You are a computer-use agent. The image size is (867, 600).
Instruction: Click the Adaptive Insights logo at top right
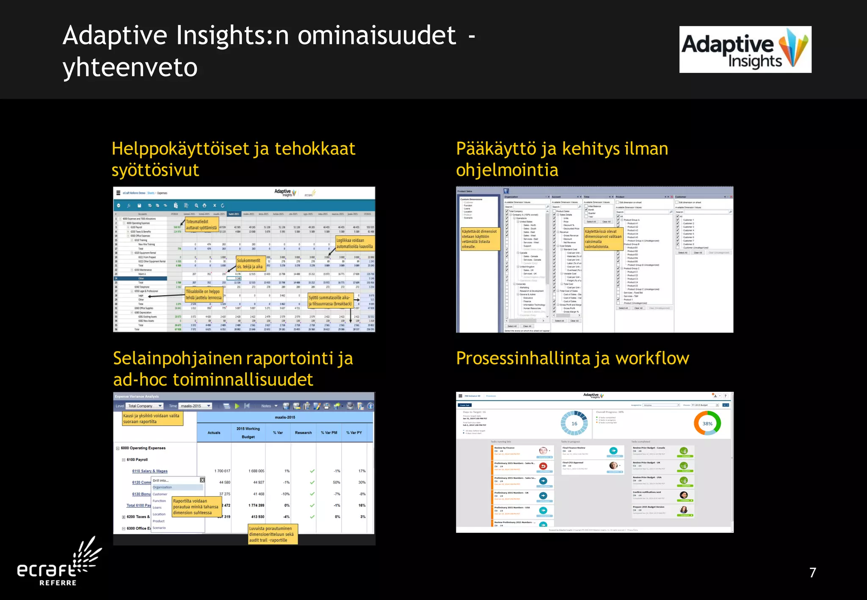(x=745, y=50)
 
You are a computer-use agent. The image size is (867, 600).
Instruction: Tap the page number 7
(x=812, y=572)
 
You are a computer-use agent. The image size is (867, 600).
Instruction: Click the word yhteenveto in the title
(x=130, y=68)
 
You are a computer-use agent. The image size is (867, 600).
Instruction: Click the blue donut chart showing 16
(x=574, y=424)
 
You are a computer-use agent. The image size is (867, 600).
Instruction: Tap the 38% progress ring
(x=707, y=424)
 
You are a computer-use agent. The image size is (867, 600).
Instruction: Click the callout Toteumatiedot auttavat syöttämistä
(x=202, y=224)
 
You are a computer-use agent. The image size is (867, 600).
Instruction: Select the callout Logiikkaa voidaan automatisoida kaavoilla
(x=354, y=243)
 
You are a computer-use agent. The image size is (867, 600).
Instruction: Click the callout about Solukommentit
(x=250, y=264)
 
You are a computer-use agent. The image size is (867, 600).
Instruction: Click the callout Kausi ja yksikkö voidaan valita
(x=152, y=418)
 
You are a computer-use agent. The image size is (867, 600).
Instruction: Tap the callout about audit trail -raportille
(x=273, y=534)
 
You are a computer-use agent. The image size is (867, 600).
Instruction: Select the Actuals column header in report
(x=214, y=432)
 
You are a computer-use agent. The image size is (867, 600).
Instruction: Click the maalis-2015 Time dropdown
(x=195, y=406)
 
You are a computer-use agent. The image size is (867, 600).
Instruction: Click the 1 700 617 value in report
(x=222, y=471)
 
